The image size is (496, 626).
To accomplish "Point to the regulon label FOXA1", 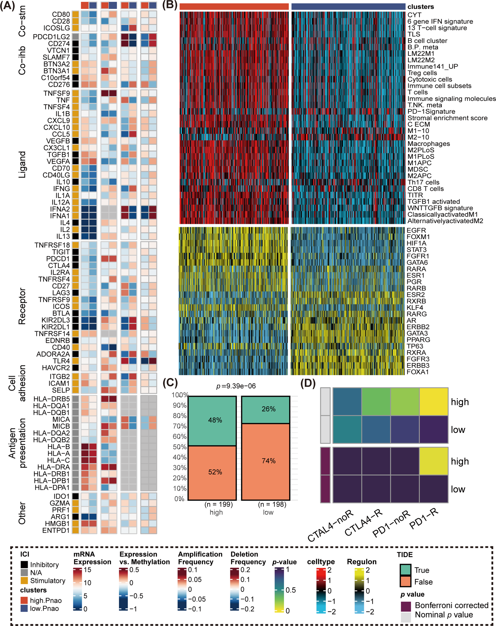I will [x=418, y=372].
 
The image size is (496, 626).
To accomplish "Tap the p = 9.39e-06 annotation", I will [x=236, y=386].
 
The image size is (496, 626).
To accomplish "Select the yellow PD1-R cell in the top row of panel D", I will [x=434, y=402].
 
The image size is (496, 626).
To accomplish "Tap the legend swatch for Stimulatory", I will [x=24, y=581].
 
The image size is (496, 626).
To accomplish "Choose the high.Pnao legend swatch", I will [x=24, y=600].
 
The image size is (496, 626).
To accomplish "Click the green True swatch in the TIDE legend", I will [x=405, y=570].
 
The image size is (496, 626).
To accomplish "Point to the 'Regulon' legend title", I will [x=362, y=562].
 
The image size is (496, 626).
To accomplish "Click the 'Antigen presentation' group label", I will [x=17, y=443].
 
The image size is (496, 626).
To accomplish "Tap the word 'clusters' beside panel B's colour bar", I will [x=420, y=7].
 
